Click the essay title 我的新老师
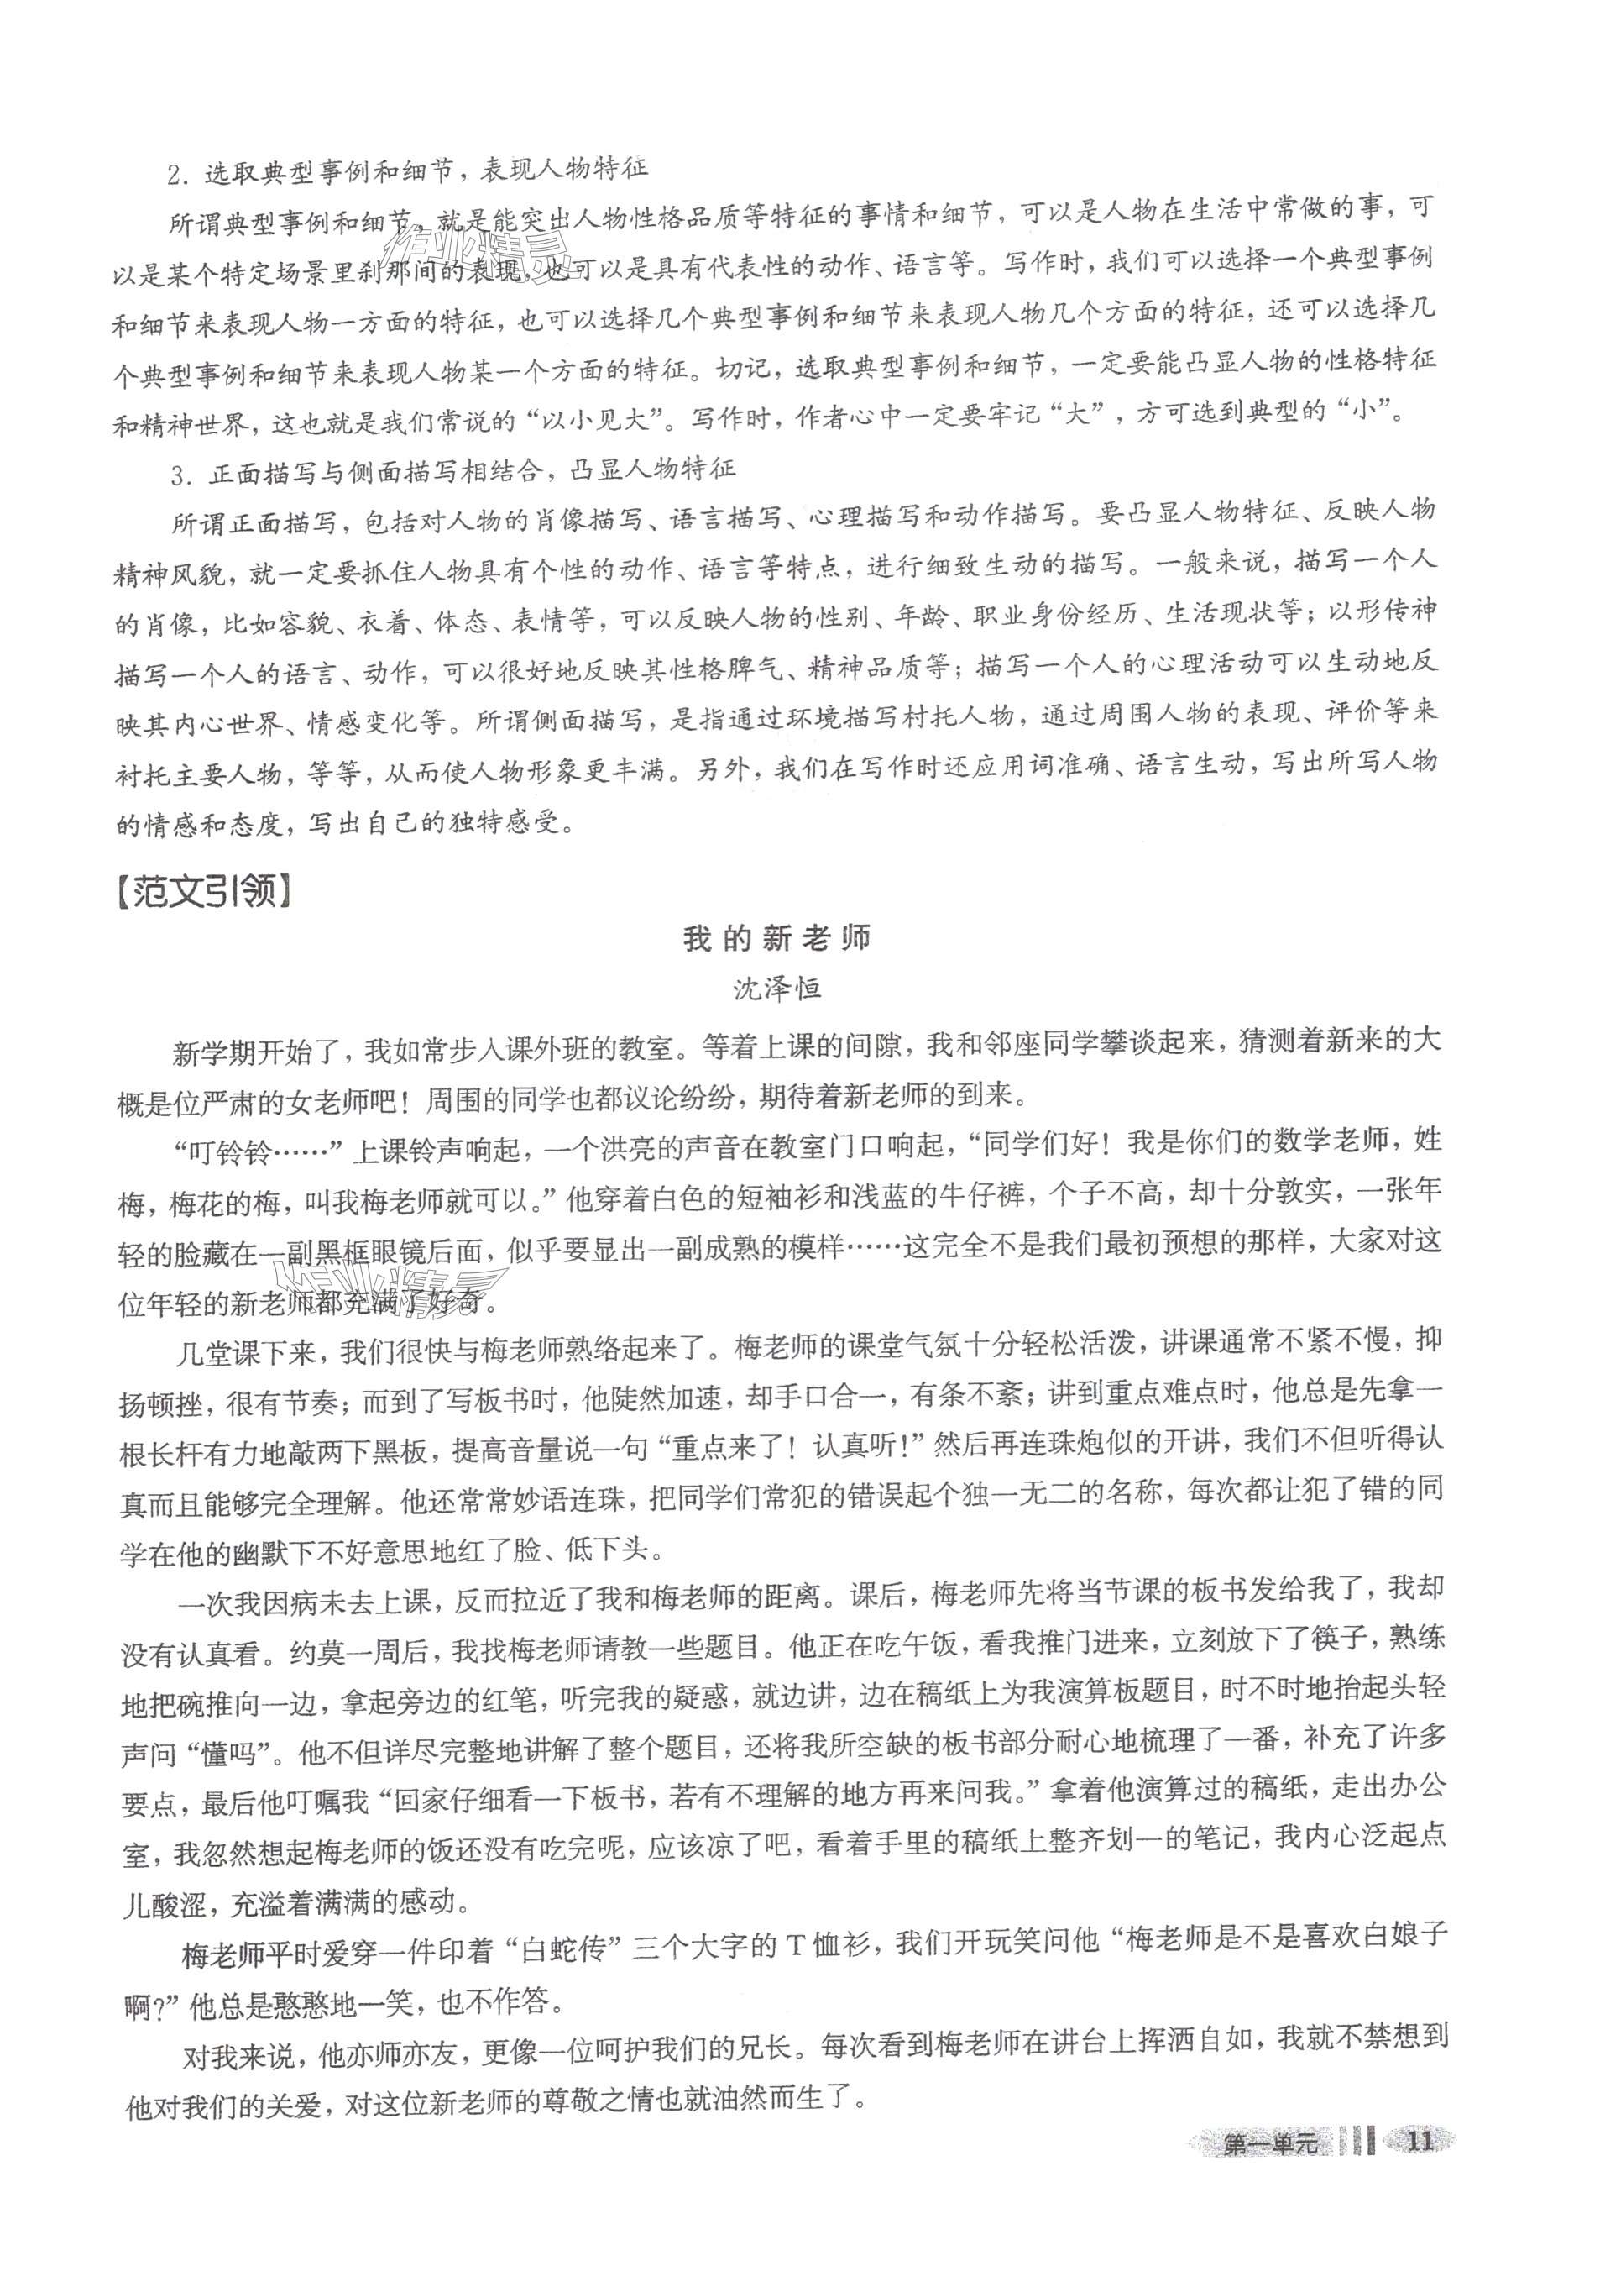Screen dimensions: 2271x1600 pyautogui.click(x=776, y=939)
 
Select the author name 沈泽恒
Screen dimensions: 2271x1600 pyautogui.click(x=776, y=989)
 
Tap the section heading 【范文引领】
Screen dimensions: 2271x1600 pyautogui.click(x=206, y=893)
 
